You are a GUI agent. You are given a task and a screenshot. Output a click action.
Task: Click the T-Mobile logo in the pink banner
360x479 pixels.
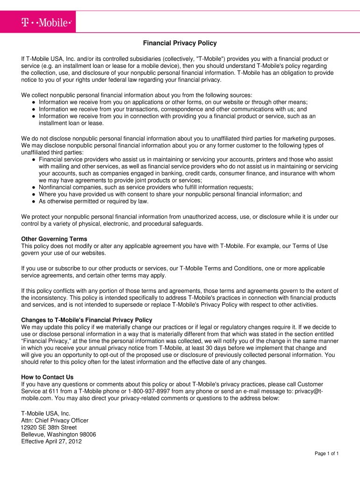point(46,22)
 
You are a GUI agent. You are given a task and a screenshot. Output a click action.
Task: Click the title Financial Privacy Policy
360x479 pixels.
point(180,43)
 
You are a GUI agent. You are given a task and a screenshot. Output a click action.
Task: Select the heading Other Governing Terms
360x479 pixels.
point(54,239)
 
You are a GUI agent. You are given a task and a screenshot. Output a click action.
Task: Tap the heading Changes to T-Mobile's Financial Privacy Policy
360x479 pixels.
point(86,320)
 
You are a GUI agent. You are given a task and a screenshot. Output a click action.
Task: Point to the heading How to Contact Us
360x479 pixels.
point(47,377)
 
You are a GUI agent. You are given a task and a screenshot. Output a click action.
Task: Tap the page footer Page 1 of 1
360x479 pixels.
point(326,454)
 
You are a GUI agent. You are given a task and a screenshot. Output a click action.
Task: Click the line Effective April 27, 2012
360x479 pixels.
point(51,441)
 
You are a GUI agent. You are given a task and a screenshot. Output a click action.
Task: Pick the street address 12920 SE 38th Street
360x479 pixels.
point(49,428)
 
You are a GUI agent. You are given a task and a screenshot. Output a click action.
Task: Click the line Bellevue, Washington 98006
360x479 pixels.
point(58,435)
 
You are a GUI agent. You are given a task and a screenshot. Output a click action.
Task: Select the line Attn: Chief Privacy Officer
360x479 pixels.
point(55,421)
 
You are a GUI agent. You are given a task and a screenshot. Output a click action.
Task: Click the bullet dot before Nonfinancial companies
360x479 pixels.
point(34,187)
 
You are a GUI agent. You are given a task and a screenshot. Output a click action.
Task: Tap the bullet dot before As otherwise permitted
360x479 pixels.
point(34,202)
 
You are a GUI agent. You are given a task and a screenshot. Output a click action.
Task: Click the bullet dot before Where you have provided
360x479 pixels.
point(34,194)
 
